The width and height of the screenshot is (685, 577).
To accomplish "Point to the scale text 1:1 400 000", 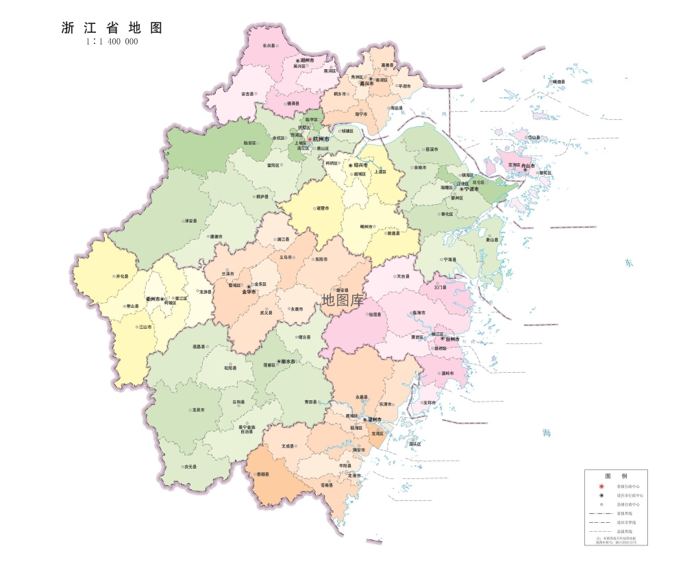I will pos(112,42).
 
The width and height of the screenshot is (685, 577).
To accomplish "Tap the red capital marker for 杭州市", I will pos(309,139).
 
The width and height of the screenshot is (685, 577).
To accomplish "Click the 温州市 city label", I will pos(375,419).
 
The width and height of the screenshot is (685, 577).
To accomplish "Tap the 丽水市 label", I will pos(287,361).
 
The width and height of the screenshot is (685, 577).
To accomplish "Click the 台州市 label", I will pos(452,339).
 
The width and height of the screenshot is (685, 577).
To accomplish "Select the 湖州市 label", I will pos(307,60).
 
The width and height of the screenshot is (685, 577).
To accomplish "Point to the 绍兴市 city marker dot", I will pos(351,166).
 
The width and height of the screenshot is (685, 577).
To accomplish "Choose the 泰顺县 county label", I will pos(263,474).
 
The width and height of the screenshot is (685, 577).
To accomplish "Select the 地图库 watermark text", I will pos(343,299).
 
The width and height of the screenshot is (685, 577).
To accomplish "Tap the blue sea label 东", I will pos(629,263).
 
